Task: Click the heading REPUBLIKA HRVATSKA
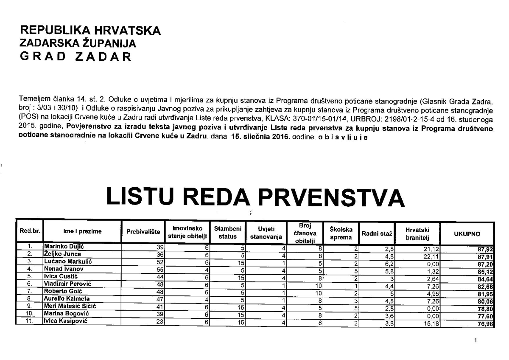(90, 31)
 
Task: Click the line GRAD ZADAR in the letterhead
(76, 57)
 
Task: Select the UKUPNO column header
(467, 233)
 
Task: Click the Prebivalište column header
(143, 232)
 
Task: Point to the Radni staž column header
(376, 233)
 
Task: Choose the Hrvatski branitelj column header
(417, 233)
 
